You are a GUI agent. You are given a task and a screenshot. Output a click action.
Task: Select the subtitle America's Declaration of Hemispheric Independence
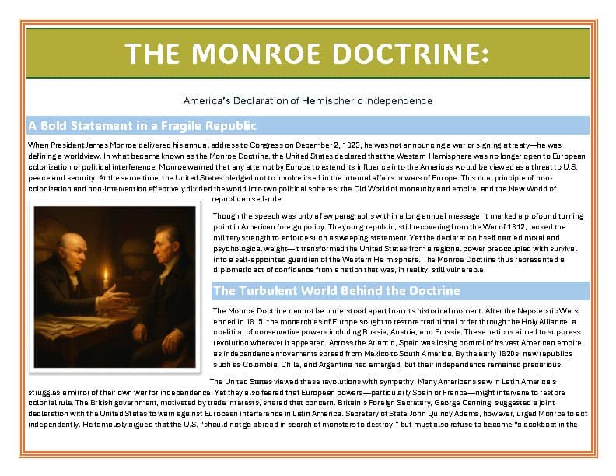coord(307,101)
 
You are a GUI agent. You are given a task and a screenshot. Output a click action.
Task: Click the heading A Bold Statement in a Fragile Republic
coord(142,125)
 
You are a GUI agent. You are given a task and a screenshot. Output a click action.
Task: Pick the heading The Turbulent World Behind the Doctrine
coord(336,290)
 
